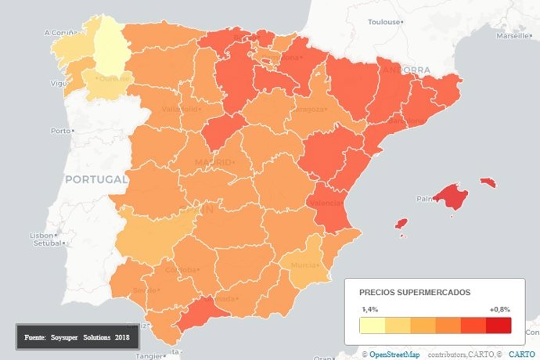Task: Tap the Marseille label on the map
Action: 512,36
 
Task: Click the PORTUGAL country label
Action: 95,179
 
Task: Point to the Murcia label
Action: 303,265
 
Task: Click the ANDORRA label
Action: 405,70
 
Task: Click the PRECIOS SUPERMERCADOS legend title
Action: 415,292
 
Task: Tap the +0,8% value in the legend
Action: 499,309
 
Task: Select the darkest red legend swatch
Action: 499,325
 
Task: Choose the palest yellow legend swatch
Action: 372,325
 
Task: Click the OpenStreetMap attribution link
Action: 395,355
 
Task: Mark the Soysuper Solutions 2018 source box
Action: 77,337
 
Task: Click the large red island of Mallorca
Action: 450,196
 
